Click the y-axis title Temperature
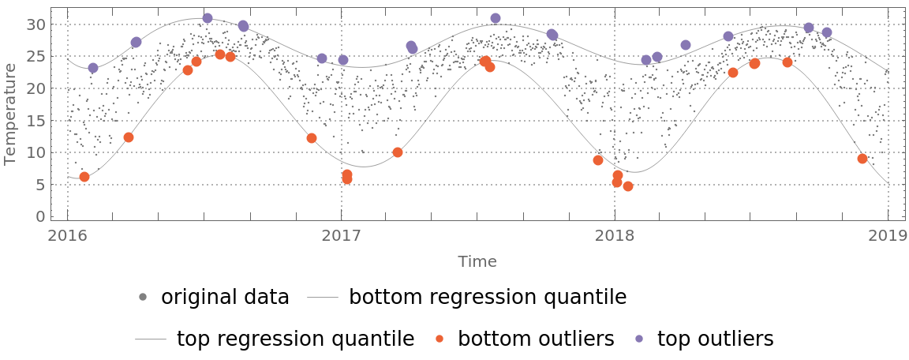[x=10, y=114]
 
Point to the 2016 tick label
[x=68, y=235]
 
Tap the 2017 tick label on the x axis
[x=341, y=235]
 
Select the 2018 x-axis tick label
[x=614, y=235]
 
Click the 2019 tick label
[x=888, y=235]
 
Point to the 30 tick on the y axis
[x=36, y=24]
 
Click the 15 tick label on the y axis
[x=36, y=121]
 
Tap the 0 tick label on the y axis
[x=40, y=217]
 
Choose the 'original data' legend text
[x=225, y=298]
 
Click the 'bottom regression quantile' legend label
[x=488, y=298]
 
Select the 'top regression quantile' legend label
[x=295, y=339]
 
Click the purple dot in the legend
[x=640, y=339]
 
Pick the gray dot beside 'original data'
[x=143, y=298]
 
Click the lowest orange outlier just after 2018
[x=628, y=186]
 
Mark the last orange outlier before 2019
[x=862, y=159]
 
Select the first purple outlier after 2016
[x=93, y=68]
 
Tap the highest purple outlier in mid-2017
[x=496, y=18]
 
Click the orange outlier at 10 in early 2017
[x=398, y=152]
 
